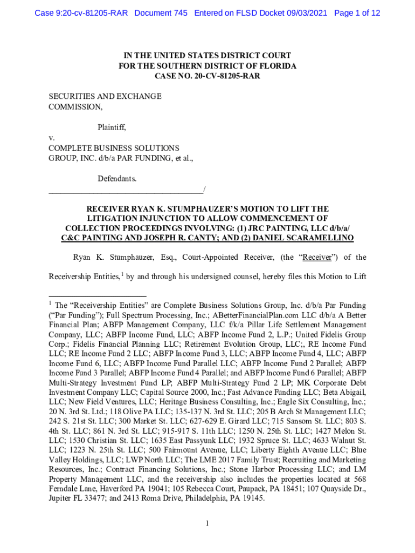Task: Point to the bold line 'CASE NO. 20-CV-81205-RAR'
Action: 207,76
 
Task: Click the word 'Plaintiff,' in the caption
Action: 112,127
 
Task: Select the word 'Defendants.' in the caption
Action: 117,178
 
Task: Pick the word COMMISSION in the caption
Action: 75,107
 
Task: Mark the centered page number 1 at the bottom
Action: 207,523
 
